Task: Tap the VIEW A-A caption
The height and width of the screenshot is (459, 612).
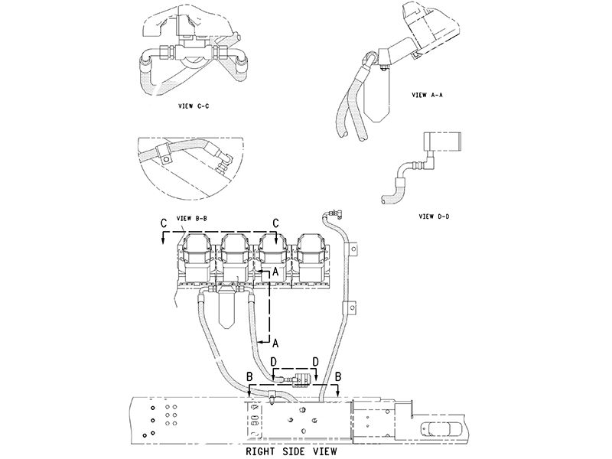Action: pyautogui.click(x=428, y=96)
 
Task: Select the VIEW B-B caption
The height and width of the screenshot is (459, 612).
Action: pyautogui.click(x=197, y=218)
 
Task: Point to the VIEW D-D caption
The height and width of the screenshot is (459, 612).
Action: pyautogui.click(x=434, y=216)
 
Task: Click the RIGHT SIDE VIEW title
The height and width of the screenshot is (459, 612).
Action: pyautogui.click(x=293, y=451)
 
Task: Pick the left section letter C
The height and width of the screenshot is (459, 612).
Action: pyautogui.click(x=164, y=223)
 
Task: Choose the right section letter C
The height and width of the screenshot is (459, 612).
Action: pyautogui.click(x=275, y=223)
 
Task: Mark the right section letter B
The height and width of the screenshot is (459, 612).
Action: pyautogui.click(x=338, y=376)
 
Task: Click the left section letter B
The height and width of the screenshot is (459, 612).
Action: pyautogui.click(x=249, y=376)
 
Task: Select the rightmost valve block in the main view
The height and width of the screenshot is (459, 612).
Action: pyautogui.click(x=312, y=256)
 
